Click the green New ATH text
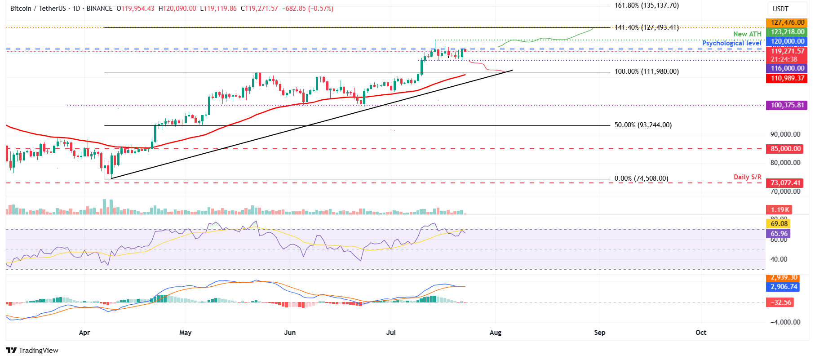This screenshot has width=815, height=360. pyautogui.click(x=747, y=34)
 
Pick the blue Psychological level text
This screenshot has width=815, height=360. pyautogui.click(x=731, y=43)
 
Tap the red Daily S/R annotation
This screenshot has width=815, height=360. pyautogui.click(x=747, y=177)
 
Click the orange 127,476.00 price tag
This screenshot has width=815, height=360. pyautogui.click(x=787, y=22)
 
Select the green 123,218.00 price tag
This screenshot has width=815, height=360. pyautogui.click(x=787, y=32)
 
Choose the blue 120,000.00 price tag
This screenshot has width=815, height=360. pyautogui.click(x=787, y=41)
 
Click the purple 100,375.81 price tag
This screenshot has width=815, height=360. pyautogui.click(x=787, y=105)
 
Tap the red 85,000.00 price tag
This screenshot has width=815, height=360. pyautogui.click(x=785, y=149)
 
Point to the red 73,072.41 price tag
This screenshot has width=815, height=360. pyautogui.click(x=785, y=183)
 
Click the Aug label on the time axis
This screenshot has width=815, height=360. pyautogui.click(x=495, y=333)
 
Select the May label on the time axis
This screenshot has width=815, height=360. pyautogui.click(x=185, y=333)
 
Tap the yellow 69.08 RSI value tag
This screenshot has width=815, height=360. pyautogui.click(x=779, y=224)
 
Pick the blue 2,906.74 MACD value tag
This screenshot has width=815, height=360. pyautogui.click(x=784, y=287)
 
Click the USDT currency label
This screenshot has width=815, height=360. pyautogui.click(x=780, y=9)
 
